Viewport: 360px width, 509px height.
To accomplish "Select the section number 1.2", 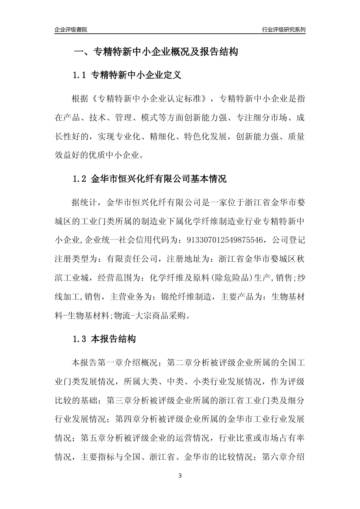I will (80, 179).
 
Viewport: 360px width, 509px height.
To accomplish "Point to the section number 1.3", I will (80, 339).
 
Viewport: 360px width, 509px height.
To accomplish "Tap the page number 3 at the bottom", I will (180, 476).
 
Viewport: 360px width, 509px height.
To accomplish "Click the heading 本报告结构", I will (113, 339).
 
